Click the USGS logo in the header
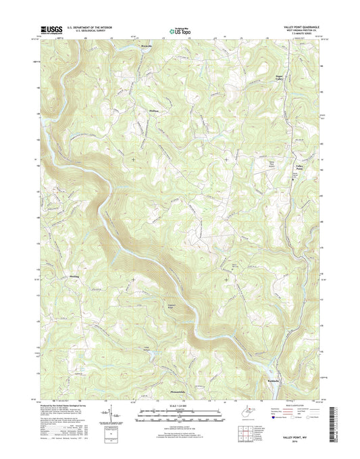[x=52, y=29]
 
